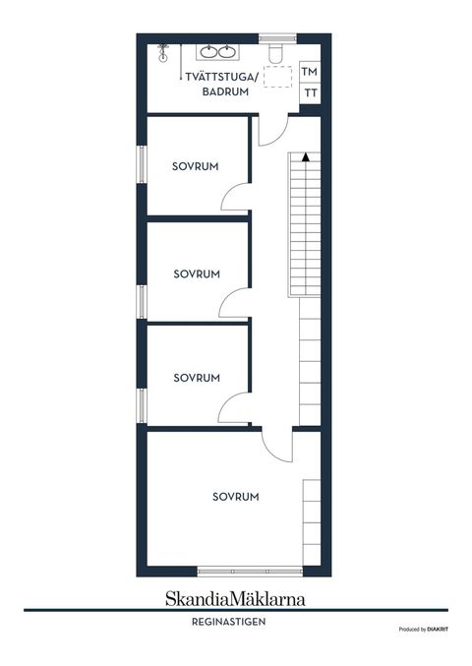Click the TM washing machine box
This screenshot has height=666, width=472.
click(x=311, y=72)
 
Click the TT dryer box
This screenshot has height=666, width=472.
click(x=311, y=93)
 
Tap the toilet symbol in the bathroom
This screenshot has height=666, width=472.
click(x=278, y=51)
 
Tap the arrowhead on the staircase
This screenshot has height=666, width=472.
click(x=307, y=155)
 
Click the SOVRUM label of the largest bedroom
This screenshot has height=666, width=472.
click(x=236, y=497)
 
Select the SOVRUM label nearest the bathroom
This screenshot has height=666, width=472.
click(x=194, y=165)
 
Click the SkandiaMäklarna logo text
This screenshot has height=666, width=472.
click(x=235, y=597)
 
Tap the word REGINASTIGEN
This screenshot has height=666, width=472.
click(x=235, y=622)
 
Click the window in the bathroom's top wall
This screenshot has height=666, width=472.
click(x=277, y=37)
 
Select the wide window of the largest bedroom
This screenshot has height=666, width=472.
click(x=250, y=572)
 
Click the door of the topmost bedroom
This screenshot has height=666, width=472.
click(x=234, y=197)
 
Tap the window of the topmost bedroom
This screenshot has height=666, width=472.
click(x=142, y=166)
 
